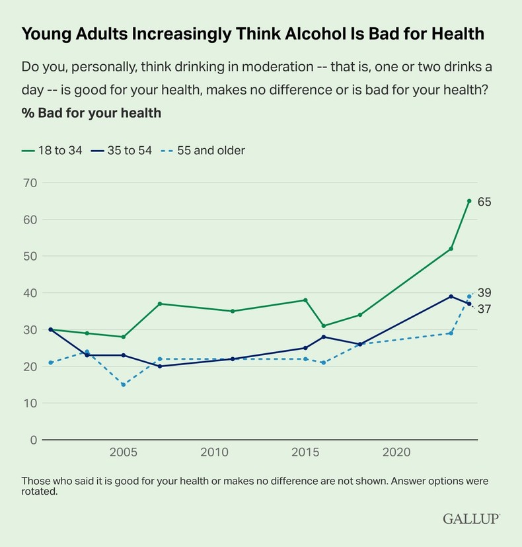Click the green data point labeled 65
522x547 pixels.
coord(469,201)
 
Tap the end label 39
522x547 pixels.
coord(484,293)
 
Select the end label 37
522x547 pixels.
coord(484,308)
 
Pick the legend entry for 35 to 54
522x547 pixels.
coord(122,150)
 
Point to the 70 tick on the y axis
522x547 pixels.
coord(30,183)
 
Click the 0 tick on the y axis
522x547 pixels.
coord(33,440)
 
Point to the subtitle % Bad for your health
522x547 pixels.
coord(91,112)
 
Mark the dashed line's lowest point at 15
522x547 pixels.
coord(124,384)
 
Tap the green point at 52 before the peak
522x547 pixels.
coord(451,249)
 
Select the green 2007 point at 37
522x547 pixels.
coord(160,304)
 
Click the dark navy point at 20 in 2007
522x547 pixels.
coord(160,366)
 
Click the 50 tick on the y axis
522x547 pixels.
coord(30,256)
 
